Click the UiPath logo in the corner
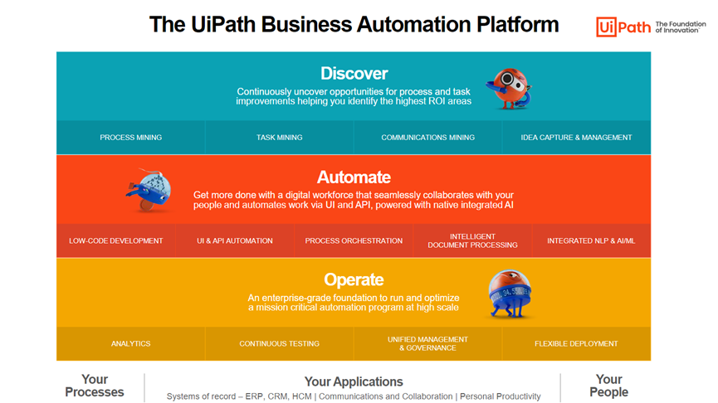tap(623, 27)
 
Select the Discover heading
tap(354, 74)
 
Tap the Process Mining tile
tap(130, 138)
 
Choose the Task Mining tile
tap(279, 138)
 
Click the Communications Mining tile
tap(427, 138)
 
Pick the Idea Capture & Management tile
tap(576, 138)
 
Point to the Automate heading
tap(354, 177)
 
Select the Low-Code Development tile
tap(116, 241)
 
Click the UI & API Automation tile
tap(235, 241)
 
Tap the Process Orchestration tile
tap(354, 241)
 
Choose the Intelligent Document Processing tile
tap(472, 241)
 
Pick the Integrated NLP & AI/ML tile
tap(591, 241)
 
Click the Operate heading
tap(354, 279)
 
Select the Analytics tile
tap(130, 343)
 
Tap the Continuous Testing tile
tap(279, 343)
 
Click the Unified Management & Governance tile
tap(427, 343)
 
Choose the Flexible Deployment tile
tap(576, 343)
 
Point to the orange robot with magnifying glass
tap(507, 88)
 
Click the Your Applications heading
tap(354, 381)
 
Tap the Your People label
tap(608, 386)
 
